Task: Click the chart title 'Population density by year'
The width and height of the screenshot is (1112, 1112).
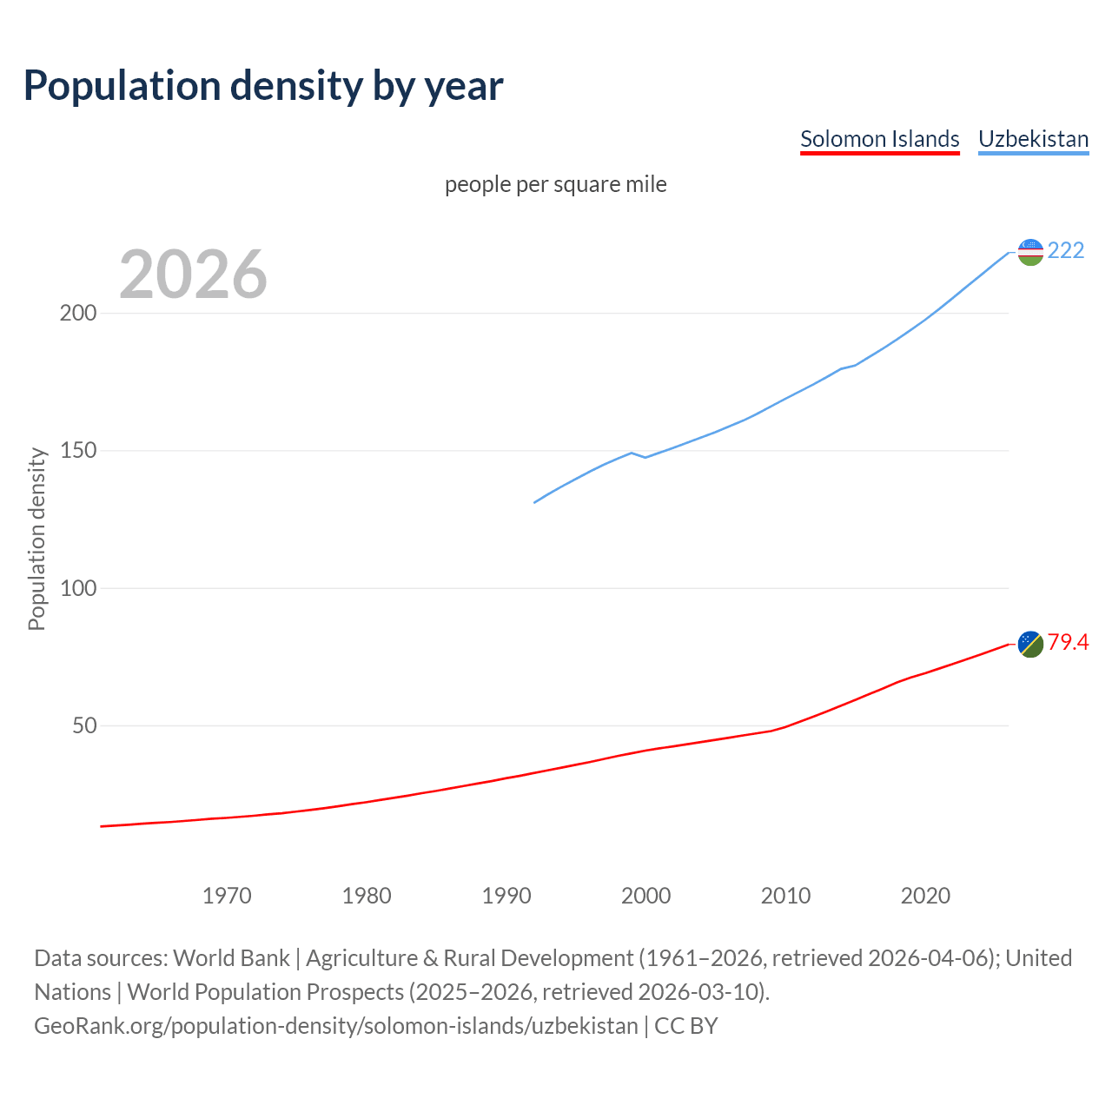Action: (263, 85)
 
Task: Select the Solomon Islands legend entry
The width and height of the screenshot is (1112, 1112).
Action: (879, 139)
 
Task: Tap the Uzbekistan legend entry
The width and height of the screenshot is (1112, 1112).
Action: (1033, 139)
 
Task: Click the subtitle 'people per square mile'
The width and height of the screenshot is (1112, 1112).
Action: (556, 184)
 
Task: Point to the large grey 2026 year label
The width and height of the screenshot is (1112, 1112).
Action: (193, 275)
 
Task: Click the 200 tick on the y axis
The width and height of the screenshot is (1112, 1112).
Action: (77, 313)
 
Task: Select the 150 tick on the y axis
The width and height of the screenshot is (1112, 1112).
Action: (77, 451)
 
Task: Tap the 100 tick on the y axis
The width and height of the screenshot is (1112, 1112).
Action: (77, 588)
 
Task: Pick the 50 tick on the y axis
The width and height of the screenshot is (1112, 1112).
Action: (83, 725)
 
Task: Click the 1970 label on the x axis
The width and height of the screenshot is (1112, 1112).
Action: (227, 896)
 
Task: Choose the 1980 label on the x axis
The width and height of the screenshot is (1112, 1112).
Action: (367, 896)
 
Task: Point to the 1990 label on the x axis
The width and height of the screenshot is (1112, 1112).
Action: (506, 896)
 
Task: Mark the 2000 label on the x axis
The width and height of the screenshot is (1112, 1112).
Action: (645, 896)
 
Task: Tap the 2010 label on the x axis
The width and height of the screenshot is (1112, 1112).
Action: (785, 896)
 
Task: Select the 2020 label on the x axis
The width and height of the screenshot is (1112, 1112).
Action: (925, 896)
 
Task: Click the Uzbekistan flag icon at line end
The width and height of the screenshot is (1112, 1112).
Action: (1030, 252)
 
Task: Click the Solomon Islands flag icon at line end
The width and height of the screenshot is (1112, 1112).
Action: (1030, 644)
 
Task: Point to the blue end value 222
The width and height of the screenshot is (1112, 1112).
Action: (1066, 250)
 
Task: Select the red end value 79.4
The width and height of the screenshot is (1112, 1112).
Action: (1068, 642)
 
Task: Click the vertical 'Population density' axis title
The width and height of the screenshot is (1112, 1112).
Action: (36, 539)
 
